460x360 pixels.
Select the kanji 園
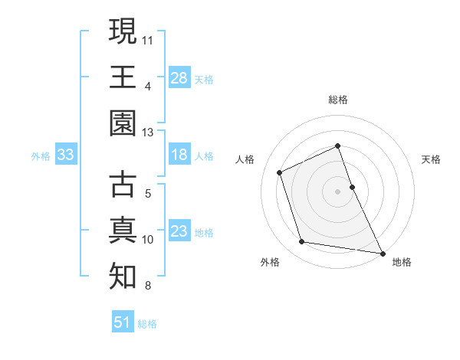(123, 123)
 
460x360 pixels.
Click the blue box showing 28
(179, 77)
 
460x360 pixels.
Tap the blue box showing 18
(179, 155)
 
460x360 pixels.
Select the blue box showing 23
(179, 231)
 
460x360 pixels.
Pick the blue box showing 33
(66, 155)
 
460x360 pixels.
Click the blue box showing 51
(123, 322)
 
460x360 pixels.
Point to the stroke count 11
(148, 38)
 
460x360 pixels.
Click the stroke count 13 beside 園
(148, 133)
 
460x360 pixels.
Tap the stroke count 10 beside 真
(148, 240)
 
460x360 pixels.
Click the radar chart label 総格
(338, 100)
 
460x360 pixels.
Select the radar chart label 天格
(432, 160)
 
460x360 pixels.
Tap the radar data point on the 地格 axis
(383, 252)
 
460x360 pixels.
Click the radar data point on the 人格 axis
(281, 172)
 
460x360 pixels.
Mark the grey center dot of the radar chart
(338, 191)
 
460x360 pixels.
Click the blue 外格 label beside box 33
(41, 156)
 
